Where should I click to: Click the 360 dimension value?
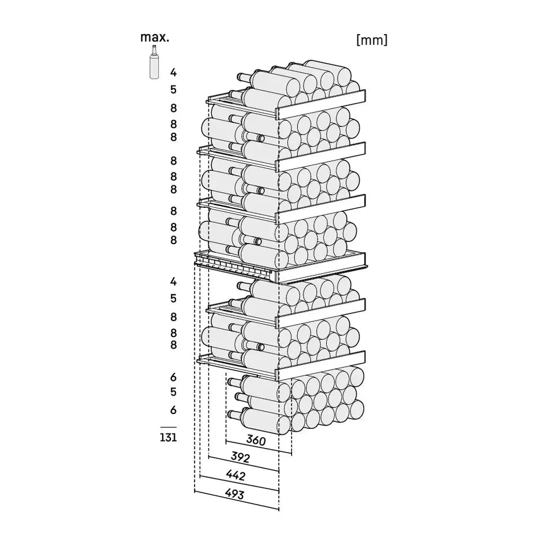(x=256, y=440)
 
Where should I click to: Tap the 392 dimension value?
(x=240, y=457)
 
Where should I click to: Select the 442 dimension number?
(x=236, y=475)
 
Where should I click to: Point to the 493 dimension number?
(x=234, y=494)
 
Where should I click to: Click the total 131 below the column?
(x=168, y=438)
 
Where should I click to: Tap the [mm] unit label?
(x=372, y=40)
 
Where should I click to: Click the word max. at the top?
(x=155, y=37)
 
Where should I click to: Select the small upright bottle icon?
(x=154, y=62)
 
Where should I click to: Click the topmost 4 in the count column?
(x=173, y=72)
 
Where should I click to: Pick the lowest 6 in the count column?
(x=173, y=410)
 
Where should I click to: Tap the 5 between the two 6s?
(x=173, y=391)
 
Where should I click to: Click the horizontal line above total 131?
(x=168, y=428)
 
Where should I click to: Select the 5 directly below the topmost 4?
(x=173, y=89)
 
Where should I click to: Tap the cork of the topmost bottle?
(x=238, y=77)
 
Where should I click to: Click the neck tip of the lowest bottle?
(x=229, y=414)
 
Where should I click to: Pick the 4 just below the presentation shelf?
(x=173, y=281)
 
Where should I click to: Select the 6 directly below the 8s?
(x=173, y=377)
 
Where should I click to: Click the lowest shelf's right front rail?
(x=322, y=365)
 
